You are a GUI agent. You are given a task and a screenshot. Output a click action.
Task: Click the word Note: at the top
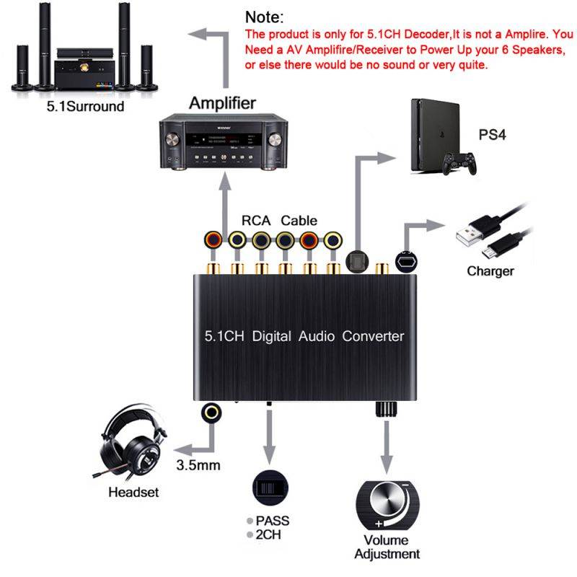[x=265, y=17]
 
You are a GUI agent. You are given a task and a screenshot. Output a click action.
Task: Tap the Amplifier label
[x=223, y=103]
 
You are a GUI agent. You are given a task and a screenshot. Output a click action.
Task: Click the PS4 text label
[x=496, y=135]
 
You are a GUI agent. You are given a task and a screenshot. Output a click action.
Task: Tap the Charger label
[x=490, y=272]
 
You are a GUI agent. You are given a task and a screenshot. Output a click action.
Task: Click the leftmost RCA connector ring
[x=213, y=239]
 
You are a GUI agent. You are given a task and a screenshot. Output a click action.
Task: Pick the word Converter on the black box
[x=373, y=336]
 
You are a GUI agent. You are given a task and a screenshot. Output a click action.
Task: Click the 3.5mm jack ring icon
[x=211, y=413]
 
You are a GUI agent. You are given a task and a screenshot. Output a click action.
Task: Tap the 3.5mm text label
[x=198, y=465]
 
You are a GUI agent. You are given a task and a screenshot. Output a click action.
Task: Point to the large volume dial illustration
[x=389, y=503]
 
